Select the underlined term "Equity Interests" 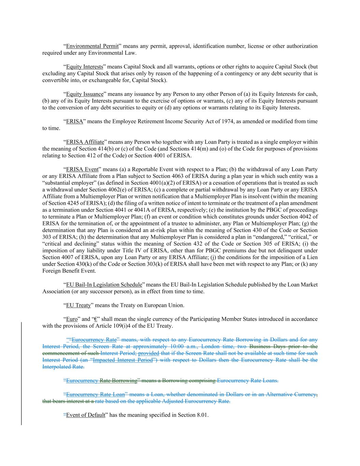pos(84,67)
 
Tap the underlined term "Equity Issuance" pos(85,94)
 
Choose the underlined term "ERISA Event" pos(82,169)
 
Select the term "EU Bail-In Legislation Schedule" pos(104,285)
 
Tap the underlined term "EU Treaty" pos(78,305)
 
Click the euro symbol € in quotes pos(96,319)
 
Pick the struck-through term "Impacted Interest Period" pos(123,360)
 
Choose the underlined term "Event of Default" pos(85,415)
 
